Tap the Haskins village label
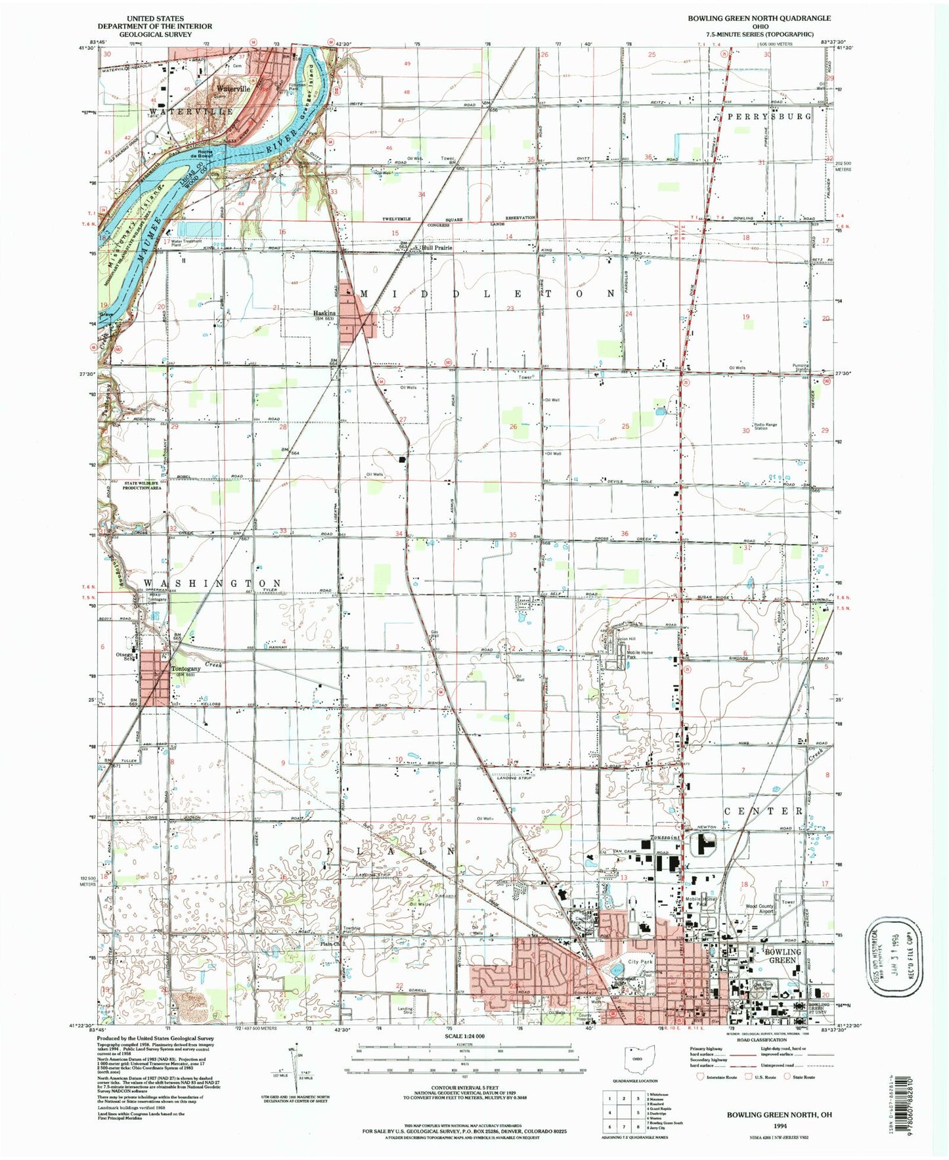coord(324,314)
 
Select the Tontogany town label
coord(183,670)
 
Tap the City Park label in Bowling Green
coord(640,962)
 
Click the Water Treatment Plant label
coord(187,242)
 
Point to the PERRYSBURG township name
coord(769,116)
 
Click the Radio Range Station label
coord(765,427)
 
